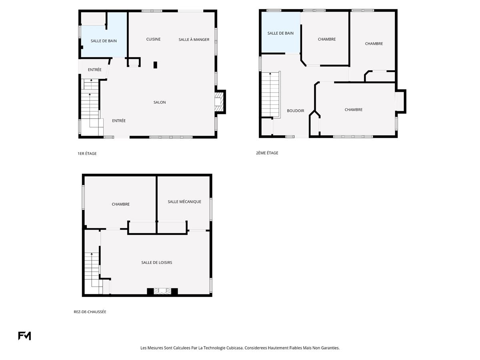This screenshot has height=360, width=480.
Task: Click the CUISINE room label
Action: pos(153,39)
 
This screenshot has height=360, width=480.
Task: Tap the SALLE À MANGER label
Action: pos(194,40)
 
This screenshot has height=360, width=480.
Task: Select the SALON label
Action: pos(160,102)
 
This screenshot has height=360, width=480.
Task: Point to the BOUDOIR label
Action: pos(296,111)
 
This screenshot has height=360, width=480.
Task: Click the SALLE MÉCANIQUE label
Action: pos(184,202)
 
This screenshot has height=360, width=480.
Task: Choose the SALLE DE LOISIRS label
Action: pos(156,262)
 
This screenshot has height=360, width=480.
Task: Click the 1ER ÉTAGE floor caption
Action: pos(87,154)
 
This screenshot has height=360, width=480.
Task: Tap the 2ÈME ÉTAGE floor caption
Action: pos(267,153)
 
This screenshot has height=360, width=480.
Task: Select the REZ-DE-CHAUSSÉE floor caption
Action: pos(90,312)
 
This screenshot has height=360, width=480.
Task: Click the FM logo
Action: pos(24,336)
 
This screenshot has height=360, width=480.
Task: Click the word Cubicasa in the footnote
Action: pos(235,348)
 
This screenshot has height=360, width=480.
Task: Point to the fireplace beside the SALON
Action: pos(219,102)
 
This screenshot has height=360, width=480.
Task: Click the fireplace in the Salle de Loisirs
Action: pos(162,291)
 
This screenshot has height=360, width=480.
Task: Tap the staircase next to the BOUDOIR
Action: pos(271,95)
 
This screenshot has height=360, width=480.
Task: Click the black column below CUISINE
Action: pos(155,65)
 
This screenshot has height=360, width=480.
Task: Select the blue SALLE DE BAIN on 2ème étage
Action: pos(281,32)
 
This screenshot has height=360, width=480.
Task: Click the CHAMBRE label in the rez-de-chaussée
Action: pos(120,204)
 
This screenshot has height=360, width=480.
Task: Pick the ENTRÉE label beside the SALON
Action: pos(119,121)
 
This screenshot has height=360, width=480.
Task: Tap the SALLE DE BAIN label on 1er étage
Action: pos(104,41)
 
